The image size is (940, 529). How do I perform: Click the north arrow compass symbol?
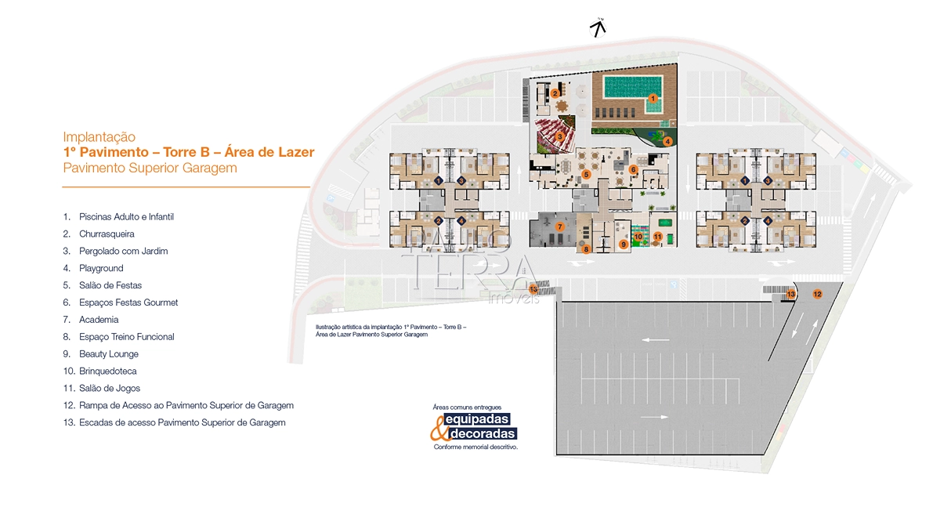click(x=598, y=27)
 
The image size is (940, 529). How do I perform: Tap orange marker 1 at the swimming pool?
click(x=653, y=98)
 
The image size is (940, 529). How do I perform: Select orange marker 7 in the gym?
click(x=559, y=226)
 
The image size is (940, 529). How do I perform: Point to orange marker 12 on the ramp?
click(x=817, y=294)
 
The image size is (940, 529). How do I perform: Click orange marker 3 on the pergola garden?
click(x=559, y=136)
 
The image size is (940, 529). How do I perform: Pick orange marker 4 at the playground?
click(x=667, y=142)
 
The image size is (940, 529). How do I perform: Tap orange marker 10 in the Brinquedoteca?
click(x=638, y=237)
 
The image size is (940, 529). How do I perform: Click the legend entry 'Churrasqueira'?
click(x=107, y=234)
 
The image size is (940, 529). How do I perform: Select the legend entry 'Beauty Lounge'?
click(x=109, y=354)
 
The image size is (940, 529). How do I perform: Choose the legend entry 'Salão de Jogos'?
click(x=110, y=389)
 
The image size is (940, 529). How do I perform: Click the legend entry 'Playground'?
click(x=101, y=268)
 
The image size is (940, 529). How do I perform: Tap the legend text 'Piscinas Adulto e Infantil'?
click(x=126, y=216)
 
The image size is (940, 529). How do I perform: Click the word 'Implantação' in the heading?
click(x=99, y=137)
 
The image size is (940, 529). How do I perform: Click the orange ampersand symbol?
click(x=439, y=428)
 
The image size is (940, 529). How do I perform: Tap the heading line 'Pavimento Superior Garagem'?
click(x=150, y=168)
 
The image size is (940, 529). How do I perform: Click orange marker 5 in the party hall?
click(x=586, y=174)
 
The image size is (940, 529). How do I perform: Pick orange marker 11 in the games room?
click(x=657, y=237)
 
